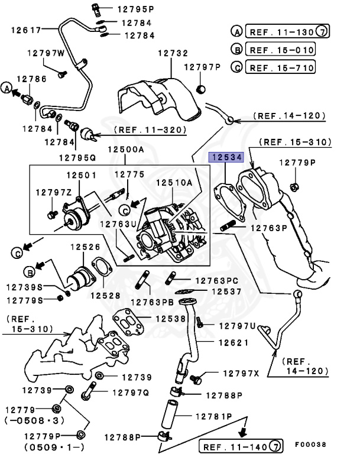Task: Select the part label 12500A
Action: coord(125,150)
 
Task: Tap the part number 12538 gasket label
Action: coord(171,319)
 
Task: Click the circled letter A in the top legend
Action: coord(236,31)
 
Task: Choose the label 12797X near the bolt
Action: coord(241,374)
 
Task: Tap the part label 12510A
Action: coord(174,183)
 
